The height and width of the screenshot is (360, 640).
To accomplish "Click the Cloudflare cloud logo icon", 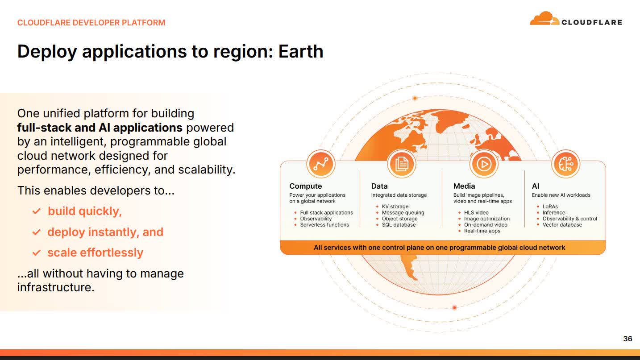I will tap(544, 19).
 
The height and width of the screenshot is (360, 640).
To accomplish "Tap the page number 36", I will tap(628, 339).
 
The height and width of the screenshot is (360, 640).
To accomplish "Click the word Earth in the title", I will tap(300, 51).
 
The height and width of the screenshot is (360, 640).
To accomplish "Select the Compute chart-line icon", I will tap(320, 164).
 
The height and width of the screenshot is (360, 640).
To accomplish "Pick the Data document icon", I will tap(401, 164).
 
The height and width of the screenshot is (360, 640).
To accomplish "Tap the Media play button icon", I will tap(483, 164).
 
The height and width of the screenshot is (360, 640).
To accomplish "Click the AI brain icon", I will tap(565, 164).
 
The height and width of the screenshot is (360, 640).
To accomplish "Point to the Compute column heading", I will tap(305, 186).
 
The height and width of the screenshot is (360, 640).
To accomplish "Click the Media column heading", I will tap(464, 186).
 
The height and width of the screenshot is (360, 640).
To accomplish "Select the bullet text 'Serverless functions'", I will tap(324, 225).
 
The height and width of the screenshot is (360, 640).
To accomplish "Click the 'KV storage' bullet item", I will tap(395, 207).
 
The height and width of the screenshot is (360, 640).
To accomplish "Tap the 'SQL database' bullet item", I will tap(399, 225).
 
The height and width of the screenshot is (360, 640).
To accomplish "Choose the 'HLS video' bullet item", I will tap(476, 213).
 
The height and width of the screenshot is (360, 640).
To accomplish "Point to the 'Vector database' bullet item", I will tap(562, 225).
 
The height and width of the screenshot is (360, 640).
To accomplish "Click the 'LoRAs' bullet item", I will tap(550, 207).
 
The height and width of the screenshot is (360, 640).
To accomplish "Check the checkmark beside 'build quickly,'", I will tap(37, 211).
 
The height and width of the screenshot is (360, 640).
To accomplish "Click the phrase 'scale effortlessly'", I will tap(95, 252).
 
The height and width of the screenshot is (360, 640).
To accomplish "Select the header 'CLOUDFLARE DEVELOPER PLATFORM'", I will tap(91, 22).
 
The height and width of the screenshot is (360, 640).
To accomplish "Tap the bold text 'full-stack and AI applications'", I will tap(100, 128).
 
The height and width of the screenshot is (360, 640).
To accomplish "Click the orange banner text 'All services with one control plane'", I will tap(439, 247).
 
